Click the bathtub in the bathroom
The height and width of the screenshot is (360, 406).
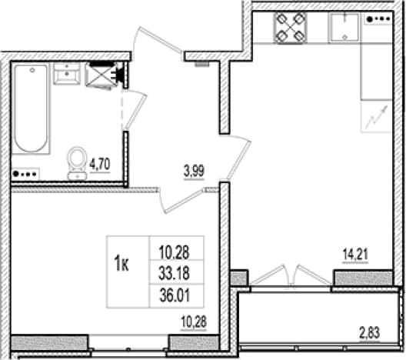coord(31,108)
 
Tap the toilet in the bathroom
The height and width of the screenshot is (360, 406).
coord(77,163)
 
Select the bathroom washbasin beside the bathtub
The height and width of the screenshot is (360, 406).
coord(67,74)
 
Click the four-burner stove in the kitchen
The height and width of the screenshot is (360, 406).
coord(290,28)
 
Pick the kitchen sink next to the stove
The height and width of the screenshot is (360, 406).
coord(344,28)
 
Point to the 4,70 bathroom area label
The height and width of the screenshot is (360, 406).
coord(100,165)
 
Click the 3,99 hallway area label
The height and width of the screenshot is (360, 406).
coord(195,172)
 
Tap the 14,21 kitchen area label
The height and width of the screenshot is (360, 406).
coord(355,255)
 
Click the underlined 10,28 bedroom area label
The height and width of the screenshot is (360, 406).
coord(194,323)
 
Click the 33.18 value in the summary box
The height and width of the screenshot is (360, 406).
coord(174,274)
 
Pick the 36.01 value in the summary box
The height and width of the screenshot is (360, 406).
coord(175,296)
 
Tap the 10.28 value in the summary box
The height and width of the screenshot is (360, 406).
coord(174,252)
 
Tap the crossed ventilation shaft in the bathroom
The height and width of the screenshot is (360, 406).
coord(101,75)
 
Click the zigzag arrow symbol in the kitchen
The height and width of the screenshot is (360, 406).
coord(376,117)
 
